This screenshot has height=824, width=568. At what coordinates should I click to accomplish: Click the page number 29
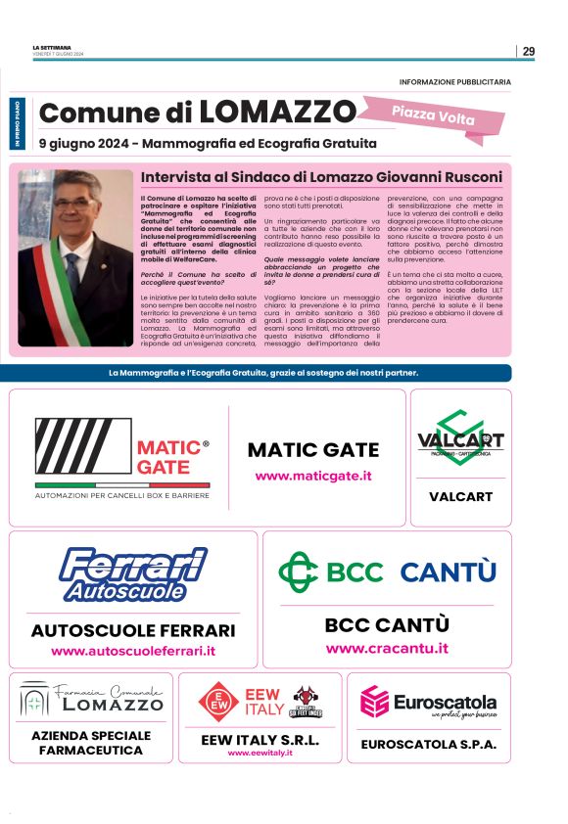coord(529,52)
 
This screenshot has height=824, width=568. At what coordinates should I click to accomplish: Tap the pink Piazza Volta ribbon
coord(433,114)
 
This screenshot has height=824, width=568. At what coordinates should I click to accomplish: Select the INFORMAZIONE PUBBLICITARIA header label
coord(454,82)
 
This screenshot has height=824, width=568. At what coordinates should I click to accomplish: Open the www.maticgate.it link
coord(312,476)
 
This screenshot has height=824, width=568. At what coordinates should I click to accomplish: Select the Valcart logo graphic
coord(460,437)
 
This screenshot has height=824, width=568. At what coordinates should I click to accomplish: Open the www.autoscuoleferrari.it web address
coord(133,650)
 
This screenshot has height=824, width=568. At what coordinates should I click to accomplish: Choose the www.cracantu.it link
coord(387,648)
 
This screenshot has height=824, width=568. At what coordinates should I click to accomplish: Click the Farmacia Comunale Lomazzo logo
coord(92,701)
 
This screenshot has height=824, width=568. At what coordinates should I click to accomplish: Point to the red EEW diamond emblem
coord(219,702)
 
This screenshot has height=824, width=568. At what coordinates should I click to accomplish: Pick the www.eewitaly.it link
coord(260,754)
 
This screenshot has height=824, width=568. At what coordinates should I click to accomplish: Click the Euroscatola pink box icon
coord(374,702)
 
